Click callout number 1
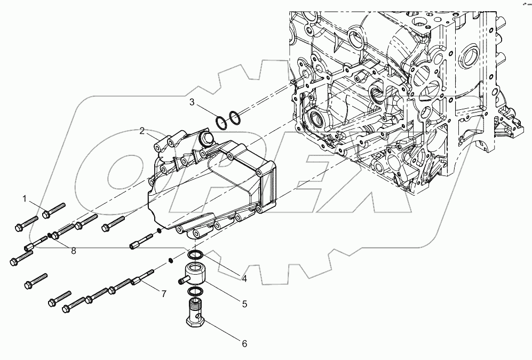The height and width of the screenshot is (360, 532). click(x=24, y=199)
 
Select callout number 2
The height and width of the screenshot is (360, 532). click(x=142, y=130)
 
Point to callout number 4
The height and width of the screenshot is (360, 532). click(x=243, y=277)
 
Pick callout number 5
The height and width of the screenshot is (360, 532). click(x=244, y=305)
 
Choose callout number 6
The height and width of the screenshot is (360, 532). click(x=244, y=344)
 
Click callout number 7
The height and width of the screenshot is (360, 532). click(x=164, y=293)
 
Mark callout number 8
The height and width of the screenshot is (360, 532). click(x=73, y=251)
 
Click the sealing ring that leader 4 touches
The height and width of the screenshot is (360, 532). click(x=196, y=255)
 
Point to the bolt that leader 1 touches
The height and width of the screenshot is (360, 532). click(x=53, y=210)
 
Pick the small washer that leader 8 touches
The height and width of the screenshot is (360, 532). click(x=50, y=235)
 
